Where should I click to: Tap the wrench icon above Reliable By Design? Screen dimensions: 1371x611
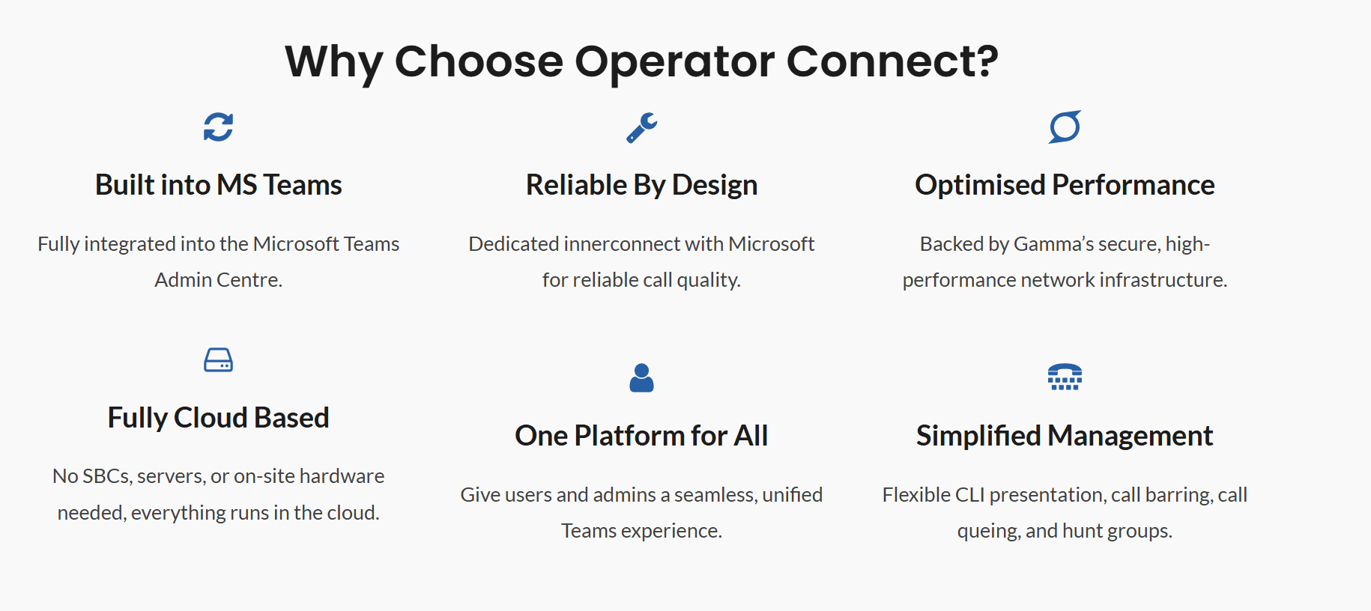pos(641,128)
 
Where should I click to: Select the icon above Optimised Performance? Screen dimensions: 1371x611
pos(1065,127)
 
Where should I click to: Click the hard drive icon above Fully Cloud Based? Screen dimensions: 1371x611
pos(218,360)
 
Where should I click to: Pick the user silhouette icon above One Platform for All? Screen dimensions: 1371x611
pos(641,378)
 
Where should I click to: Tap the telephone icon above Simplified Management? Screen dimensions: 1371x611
pos(1065,377)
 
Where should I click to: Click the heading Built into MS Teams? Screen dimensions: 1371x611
pos(218,185)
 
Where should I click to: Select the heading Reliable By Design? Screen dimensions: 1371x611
pos(641,185)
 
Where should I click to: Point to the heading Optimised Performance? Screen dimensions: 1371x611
pos(1065,185)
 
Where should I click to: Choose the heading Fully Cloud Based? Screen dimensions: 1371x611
pos(218,418)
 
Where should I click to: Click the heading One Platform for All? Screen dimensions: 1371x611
pos(641,436)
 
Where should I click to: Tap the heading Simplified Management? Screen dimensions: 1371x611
pos(1065,436)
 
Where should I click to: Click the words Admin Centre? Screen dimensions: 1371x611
pos(218,280)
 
